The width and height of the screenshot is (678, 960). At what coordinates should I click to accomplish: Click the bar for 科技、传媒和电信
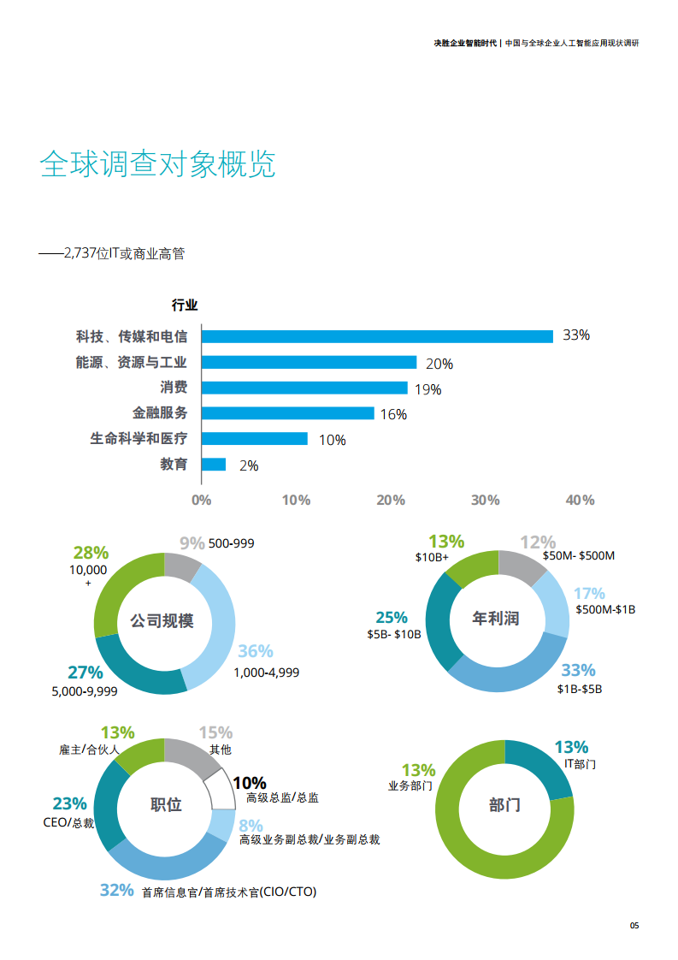[377, 336]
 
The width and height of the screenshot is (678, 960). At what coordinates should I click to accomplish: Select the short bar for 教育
[214, 465]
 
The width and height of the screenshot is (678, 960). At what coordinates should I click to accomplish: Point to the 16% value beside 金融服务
[393, 415]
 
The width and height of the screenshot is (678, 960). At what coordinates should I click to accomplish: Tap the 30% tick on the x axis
[485, 500]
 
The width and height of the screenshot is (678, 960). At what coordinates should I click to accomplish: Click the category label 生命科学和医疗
[139, 439]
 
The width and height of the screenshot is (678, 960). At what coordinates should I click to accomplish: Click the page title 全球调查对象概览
[158, 165]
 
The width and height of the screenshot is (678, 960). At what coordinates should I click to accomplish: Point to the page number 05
[634, 926]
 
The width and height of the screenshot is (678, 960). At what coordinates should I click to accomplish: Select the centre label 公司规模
[162, 620]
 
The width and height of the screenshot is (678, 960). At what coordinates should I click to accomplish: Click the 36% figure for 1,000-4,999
[255, 652]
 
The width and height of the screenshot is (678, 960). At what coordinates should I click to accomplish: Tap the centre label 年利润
[496, 618]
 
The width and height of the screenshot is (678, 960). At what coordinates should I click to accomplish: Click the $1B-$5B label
[580, 689]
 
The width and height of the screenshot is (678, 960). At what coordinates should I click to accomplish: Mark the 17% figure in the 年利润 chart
[589, 594]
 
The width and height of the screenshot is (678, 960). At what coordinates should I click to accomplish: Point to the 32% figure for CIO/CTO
[117, 890]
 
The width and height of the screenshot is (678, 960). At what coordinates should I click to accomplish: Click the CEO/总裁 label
[68, 822]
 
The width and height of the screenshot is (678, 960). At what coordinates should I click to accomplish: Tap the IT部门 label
[580, 763]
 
